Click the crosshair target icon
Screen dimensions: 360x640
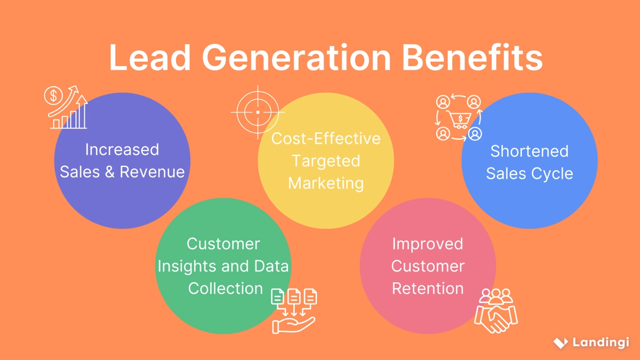tap(258, 113)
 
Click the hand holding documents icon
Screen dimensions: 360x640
tap(294, 310)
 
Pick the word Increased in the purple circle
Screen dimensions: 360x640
tap(122, 149)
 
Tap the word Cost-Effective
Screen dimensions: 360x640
tap(326, 139)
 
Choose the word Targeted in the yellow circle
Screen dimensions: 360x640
tap(326, 161)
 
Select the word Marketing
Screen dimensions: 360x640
tap(326, 183)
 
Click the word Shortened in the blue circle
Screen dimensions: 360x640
tap(529, 151)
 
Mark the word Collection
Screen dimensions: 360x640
tap(226, 288)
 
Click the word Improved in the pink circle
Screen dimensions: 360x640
tap(427, 244)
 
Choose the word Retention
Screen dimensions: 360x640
tap(427, 288)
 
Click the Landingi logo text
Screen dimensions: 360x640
tap(601, 342)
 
